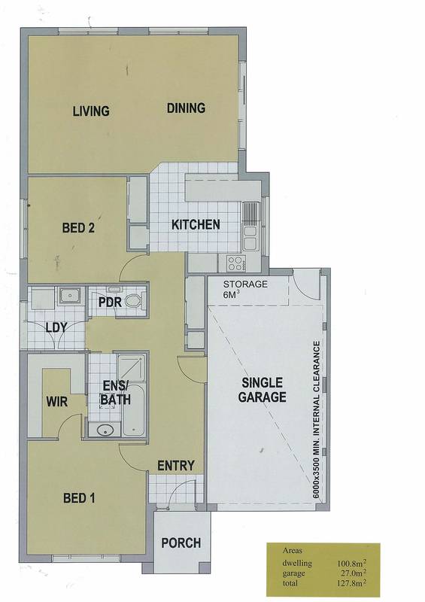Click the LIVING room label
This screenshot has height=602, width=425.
click(x=91, y=111)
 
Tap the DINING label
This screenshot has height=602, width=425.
click(x=186, y=108)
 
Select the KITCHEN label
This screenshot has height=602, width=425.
click(x=196, y=224)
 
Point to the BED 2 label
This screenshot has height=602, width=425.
click(x=78, y=228)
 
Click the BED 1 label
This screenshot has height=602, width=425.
click(x=79, y=498)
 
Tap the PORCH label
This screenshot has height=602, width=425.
click(x=181, y=543)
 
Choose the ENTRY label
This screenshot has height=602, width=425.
click(x=176, y=466)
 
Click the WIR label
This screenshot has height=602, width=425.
click(x=57, y=402)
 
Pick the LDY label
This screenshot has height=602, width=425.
click(x=56, y=328)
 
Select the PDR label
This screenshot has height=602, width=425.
click(x=110, y=303)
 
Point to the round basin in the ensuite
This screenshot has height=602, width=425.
click(x=104, y=430)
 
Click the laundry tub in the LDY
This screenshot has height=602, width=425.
click(x=70, y=296)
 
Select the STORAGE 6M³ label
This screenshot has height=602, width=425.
click(x=245, y=289)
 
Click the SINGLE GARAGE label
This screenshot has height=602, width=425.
click(x=263, y=390)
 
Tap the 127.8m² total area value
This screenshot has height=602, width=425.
click(x=351, y=582)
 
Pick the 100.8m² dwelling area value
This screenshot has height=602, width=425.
click(x=351, y=563)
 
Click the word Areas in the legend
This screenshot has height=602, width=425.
click(x=292, y=550)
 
